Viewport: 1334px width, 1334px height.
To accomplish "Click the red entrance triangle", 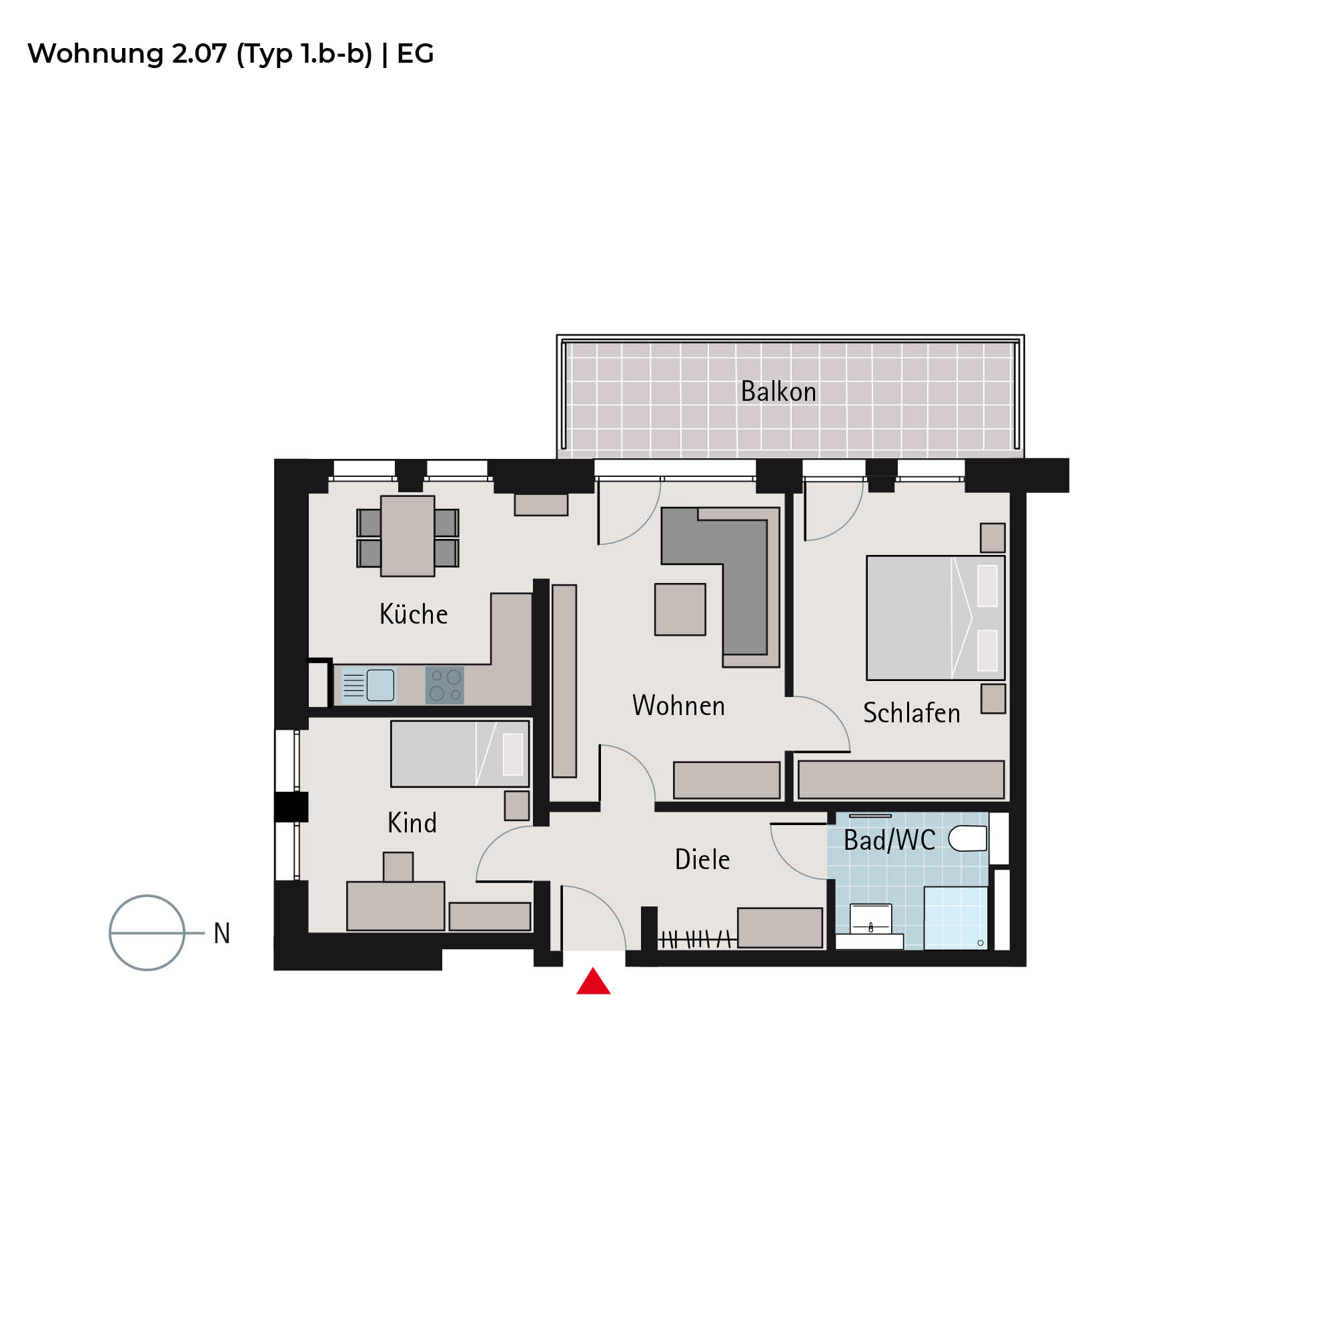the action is coord(593,982).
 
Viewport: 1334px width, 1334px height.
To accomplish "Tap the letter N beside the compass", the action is coord(221,934).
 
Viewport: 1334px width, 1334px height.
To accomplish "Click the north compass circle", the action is coord(147,933).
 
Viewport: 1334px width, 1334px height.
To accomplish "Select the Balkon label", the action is coord(778,392).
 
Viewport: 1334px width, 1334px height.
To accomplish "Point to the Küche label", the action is coord(414,613).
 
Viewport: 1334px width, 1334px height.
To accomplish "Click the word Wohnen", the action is coord(679,706).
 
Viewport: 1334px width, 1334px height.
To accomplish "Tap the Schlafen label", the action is coord(911,712).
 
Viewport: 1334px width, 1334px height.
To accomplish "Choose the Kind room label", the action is coord(412,822).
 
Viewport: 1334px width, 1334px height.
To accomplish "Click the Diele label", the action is coord(702,859).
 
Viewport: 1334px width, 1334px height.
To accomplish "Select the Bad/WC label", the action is coord(889,840).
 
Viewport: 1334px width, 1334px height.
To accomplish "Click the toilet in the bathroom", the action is coord(968,839).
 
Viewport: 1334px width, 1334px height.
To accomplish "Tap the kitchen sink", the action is coord(369,685).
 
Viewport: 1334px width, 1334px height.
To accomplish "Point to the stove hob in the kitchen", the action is coord(445,685).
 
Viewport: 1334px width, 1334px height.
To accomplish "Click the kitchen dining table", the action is coord(408,536).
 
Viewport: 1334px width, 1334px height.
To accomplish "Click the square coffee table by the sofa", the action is coord(680,609).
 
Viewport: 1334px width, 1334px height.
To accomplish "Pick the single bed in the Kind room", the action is coord(460,754).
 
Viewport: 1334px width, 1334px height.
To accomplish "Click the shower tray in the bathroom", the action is coord(956,918).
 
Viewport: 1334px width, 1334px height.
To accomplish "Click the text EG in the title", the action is coord(415,54).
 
